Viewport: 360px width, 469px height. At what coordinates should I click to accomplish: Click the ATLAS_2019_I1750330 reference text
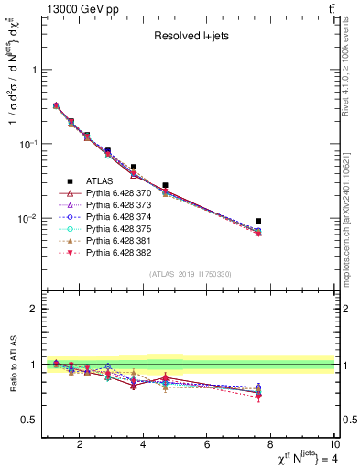click(x=189, y=274)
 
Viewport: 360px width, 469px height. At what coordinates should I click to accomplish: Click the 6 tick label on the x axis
click(x=208, y=446)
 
